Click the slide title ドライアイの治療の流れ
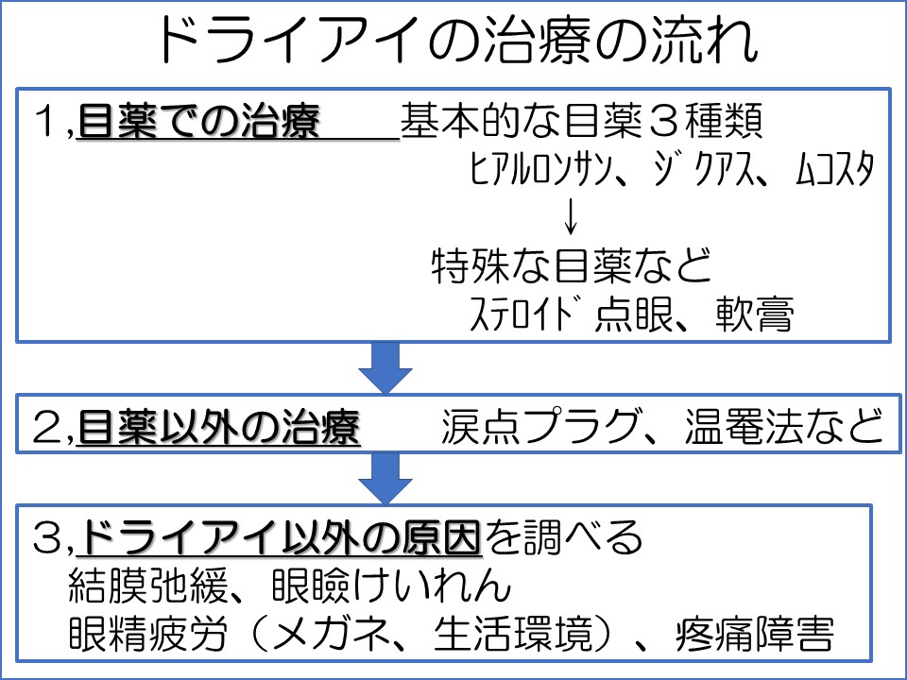453,42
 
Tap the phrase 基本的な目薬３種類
580,123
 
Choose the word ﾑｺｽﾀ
830,173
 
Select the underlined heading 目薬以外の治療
218,430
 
